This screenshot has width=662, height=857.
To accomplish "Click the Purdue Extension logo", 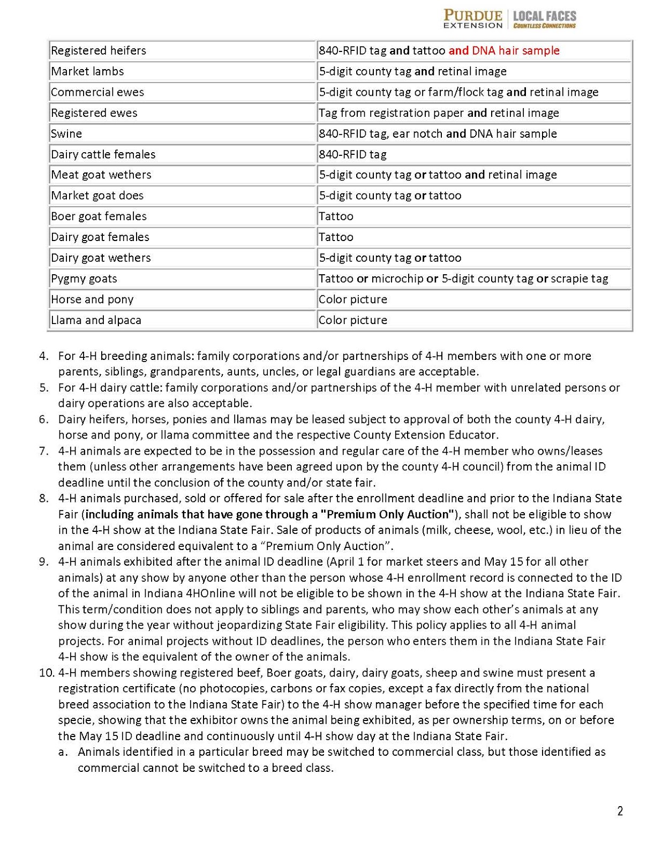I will pos(472,19).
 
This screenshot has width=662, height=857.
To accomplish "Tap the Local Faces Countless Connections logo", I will pos(544,19).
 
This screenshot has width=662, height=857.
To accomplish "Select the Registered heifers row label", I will pos(99,50).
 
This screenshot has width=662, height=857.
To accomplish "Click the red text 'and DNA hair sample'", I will pos(503,50).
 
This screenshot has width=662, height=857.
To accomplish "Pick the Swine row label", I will pos(66,133).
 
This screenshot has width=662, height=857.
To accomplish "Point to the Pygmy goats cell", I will pos(84,279).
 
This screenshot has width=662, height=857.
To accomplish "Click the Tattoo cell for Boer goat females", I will pos(336,216).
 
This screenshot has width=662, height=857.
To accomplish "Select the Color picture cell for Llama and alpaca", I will pos(353,320).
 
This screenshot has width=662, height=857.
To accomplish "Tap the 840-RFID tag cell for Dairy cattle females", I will pos(353,154).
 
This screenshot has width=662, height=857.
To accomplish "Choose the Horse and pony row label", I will pos(92,299).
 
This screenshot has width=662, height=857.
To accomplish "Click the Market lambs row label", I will pos(87,71).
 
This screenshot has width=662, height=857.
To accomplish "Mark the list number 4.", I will pos(44,356).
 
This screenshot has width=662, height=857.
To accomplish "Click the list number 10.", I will pos(47,673).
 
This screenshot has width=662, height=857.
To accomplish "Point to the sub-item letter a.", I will pos(63,752).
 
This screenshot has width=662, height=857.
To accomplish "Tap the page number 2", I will pos(620,811).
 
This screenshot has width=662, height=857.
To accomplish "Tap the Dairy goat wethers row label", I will pos(101,258).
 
